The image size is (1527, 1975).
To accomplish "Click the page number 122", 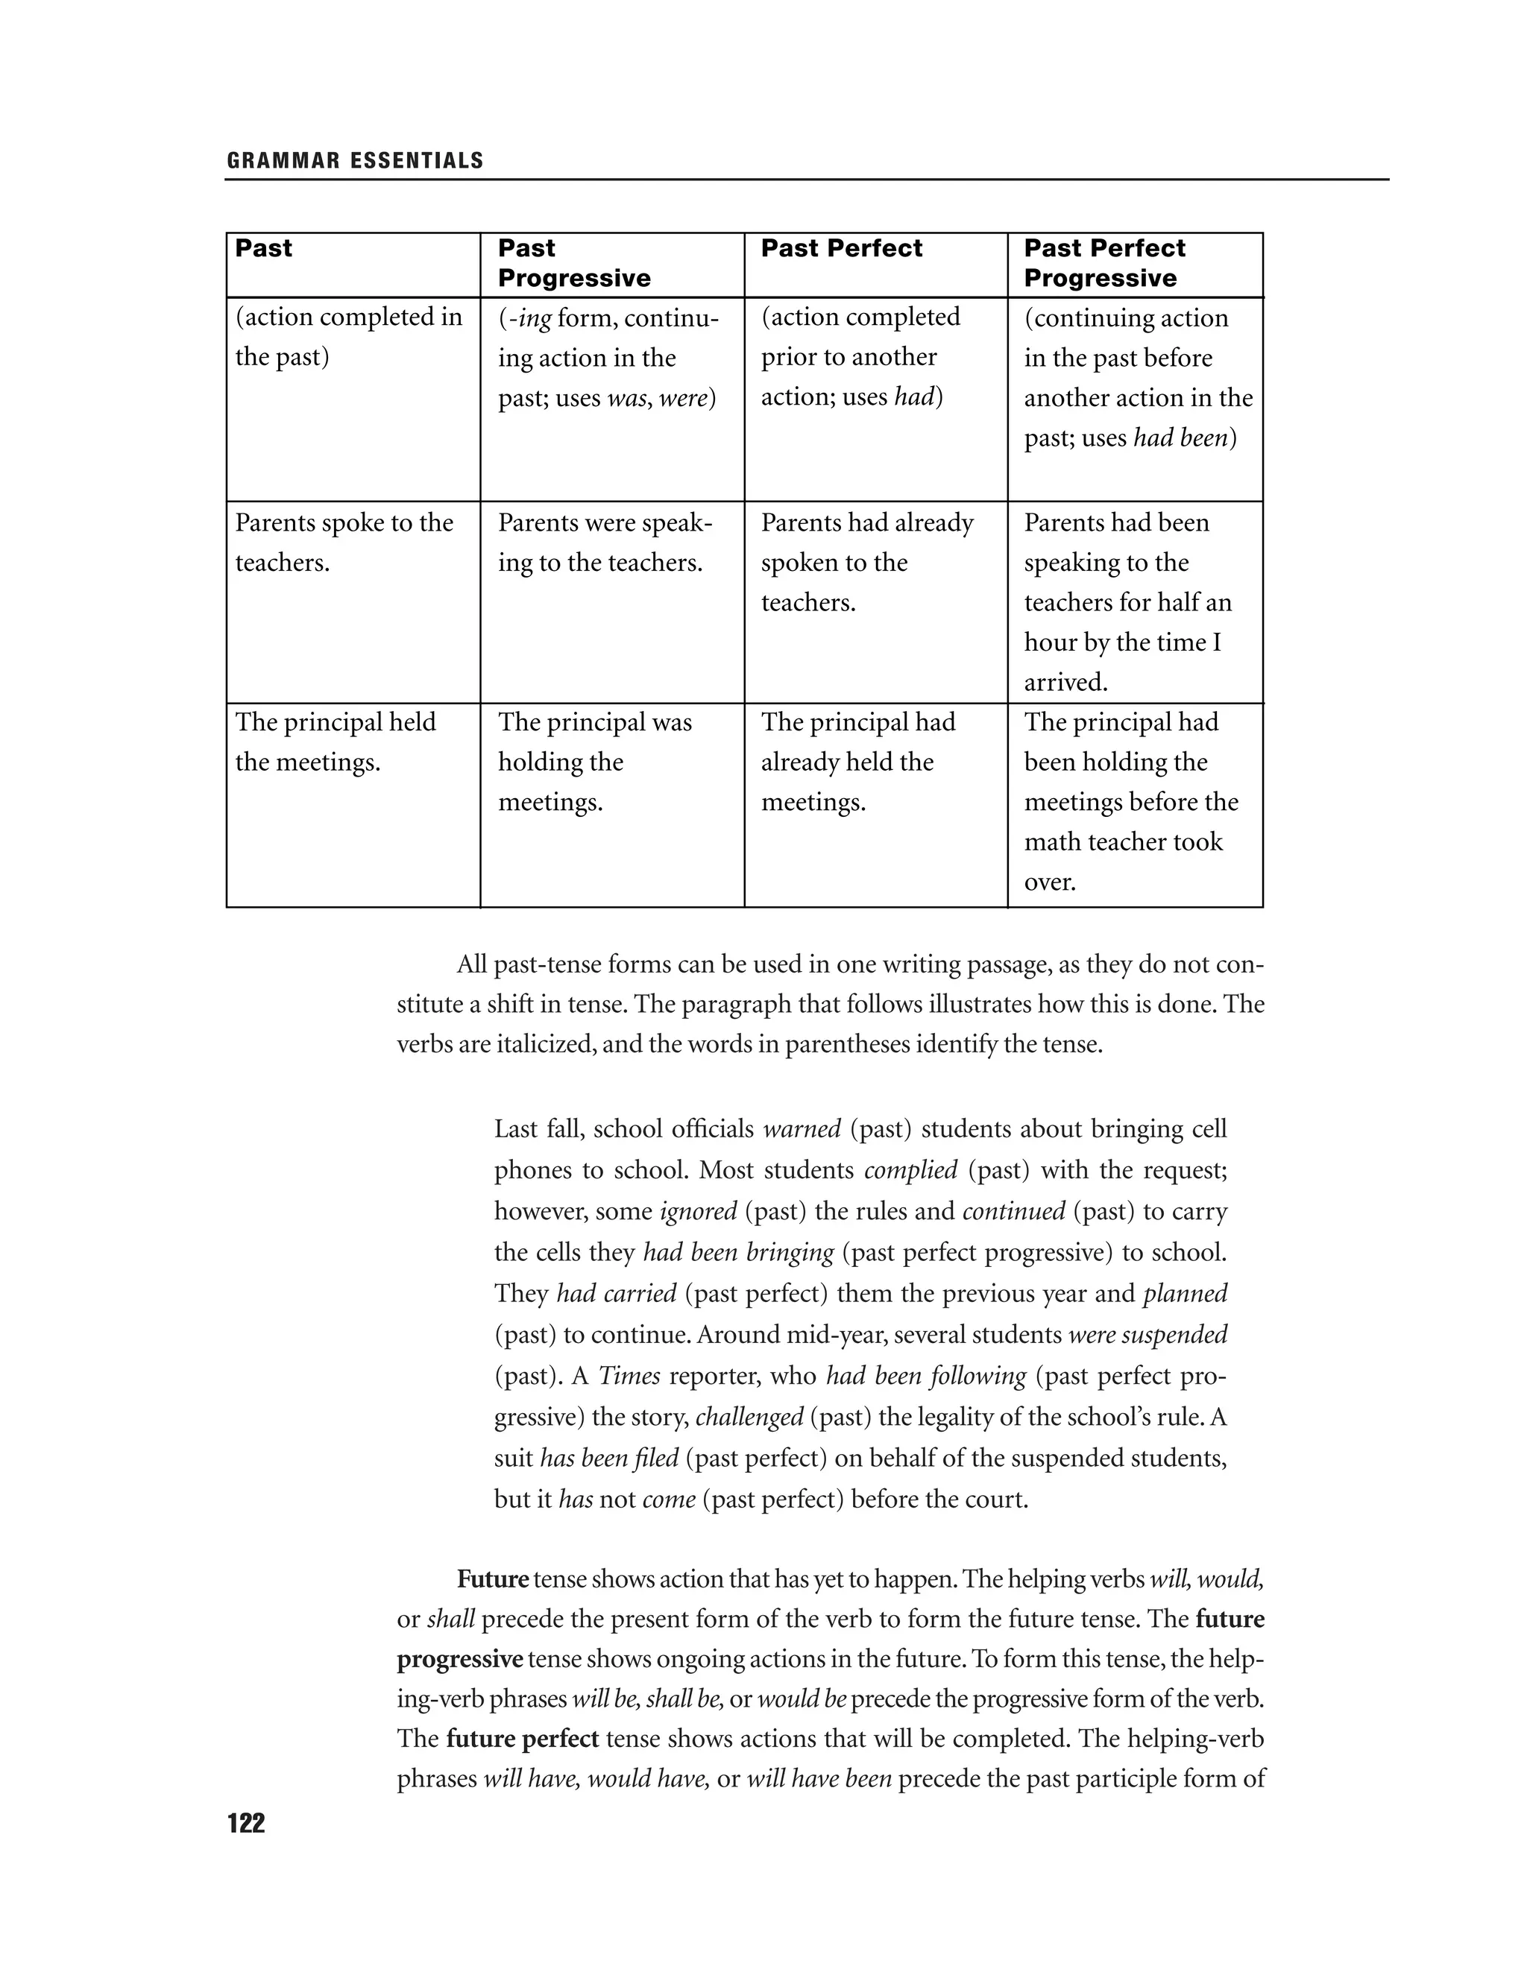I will [x=246, y=1823].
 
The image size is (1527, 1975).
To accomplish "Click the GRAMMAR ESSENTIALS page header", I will [x=356, y=161].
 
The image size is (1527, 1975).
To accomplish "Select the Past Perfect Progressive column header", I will [x=1103, y=263].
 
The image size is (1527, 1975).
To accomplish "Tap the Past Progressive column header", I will [x=573, y=263].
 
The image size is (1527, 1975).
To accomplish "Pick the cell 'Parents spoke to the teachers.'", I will [x=344, y=543].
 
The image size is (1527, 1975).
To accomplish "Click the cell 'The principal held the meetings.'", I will [x=336, y=742].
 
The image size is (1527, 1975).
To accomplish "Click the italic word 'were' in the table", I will [x=683, y=398].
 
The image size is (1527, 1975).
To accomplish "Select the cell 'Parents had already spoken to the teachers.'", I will [x=866, y=563].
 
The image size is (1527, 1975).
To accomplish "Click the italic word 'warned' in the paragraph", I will [x=802, y=1129].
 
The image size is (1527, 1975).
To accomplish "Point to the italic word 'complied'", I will [x=910, y=1170].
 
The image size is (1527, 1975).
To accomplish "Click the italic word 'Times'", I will [x=629, y=1377].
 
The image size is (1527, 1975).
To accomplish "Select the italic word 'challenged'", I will [x=749, y=1417].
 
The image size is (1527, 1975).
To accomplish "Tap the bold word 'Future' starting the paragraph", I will [x=492, y=1580].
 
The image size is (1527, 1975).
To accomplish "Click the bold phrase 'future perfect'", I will [x=522, y=1739].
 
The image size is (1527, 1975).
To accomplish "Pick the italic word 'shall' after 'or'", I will [x=450, y=1619].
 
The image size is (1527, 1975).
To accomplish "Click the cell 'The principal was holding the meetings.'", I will [x=594, y=762].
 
